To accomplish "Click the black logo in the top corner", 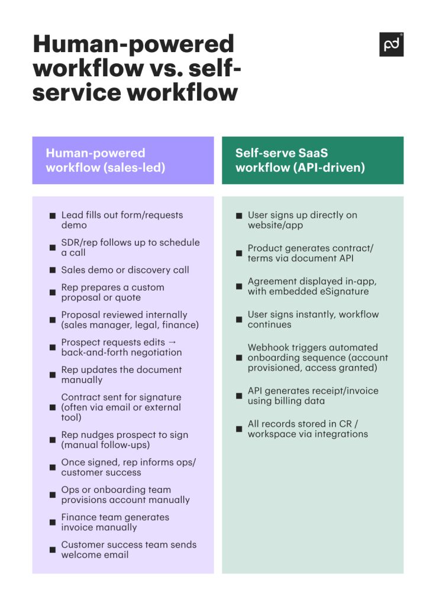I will coord(391,44).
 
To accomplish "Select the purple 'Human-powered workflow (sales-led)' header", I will coord(123,160).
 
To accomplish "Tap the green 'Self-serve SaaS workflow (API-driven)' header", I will coord(312,160).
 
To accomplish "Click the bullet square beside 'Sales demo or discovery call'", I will coord(53,270).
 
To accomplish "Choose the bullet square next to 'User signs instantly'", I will coord(239,320).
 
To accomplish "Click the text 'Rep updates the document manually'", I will coord(121,375).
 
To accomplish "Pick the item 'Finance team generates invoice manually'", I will coord(115,522).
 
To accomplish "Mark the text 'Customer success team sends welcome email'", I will coord(128,550).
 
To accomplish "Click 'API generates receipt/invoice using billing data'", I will coord(313,396).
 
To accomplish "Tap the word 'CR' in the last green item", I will coord(343,424).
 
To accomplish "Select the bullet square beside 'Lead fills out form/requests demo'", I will coord(53,221).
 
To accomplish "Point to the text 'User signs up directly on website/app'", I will coord(302,220).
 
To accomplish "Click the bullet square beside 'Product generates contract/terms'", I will coord(239,253).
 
